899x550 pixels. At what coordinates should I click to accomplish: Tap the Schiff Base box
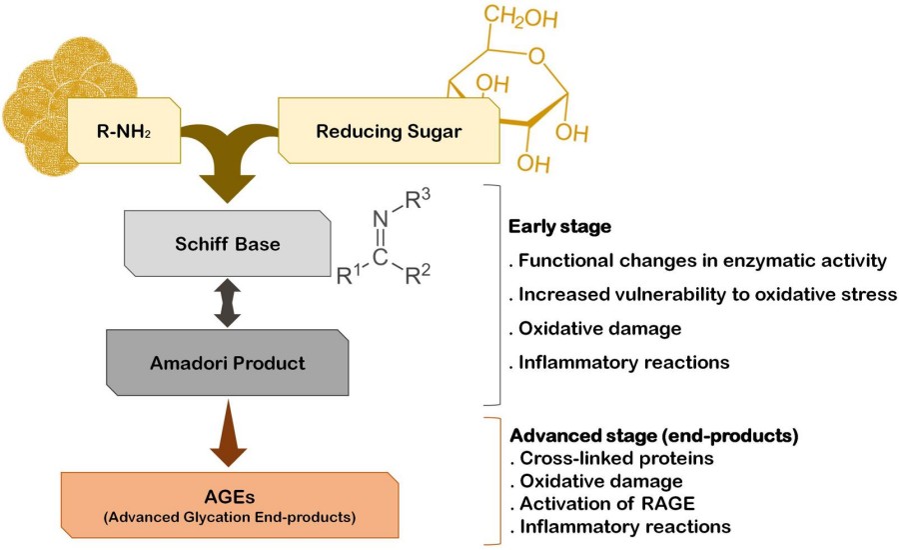tap(228, 244)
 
